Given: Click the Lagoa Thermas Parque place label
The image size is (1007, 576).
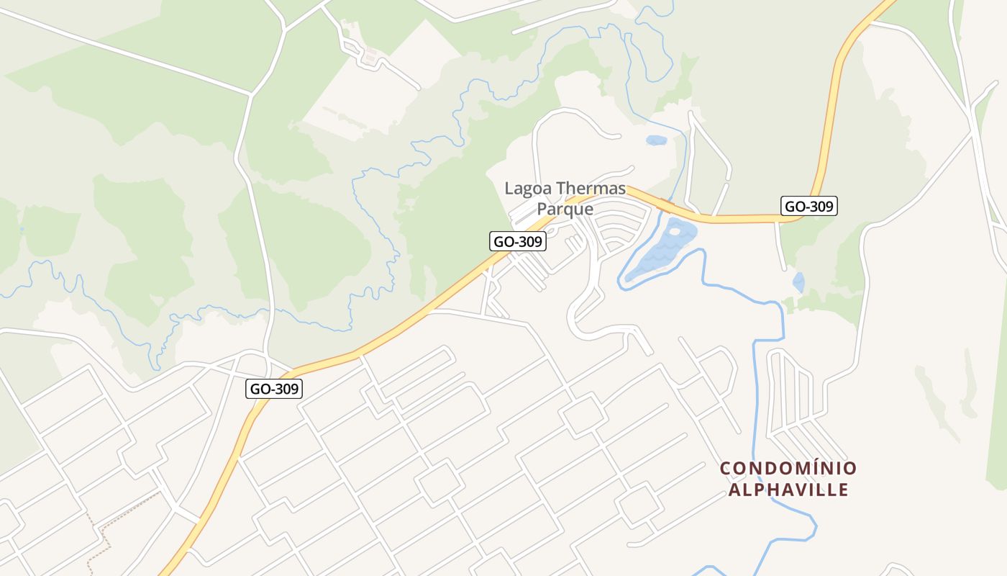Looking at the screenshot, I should pyautogui.click(x=565, y=199).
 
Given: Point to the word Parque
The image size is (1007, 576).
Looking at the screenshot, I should pyautogui.click(x=565, y=210).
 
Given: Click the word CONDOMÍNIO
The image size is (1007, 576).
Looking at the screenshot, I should pyautogui.click(x=788, y=469).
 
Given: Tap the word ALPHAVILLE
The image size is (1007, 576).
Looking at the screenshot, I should pyautogui.click(x=788, y=490).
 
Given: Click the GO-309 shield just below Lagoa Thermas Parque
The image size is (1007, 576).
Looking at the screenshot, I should pyautogui.click(x=518, y=242).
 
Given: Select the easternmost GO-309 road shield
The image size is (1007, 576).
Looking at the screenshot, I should pyautogui.click(x=809, y=207).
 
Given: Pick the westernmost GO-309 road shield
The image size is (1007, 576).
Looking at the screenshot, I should pyautogui.click(x=273, y=389).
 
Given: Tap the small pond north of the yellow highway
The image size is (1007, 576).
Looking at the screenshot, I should pyautogui.click(x=656, y=140).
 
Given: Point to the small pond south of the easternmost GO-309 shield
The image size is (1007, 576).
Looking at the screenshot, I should pyautogui.click(x=798, y=282).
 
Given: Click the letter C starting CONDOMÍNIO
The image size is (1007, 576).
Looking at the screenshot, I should pyautogui.click(x=726, y=469).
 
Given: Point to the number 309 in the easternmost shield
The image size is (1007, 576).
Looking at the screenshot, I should pyautogui.click(x=820, y=207).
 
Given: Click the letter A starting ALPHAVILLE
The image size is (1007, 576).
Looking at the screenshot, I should pyautogui.click(x=734, y=490).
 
